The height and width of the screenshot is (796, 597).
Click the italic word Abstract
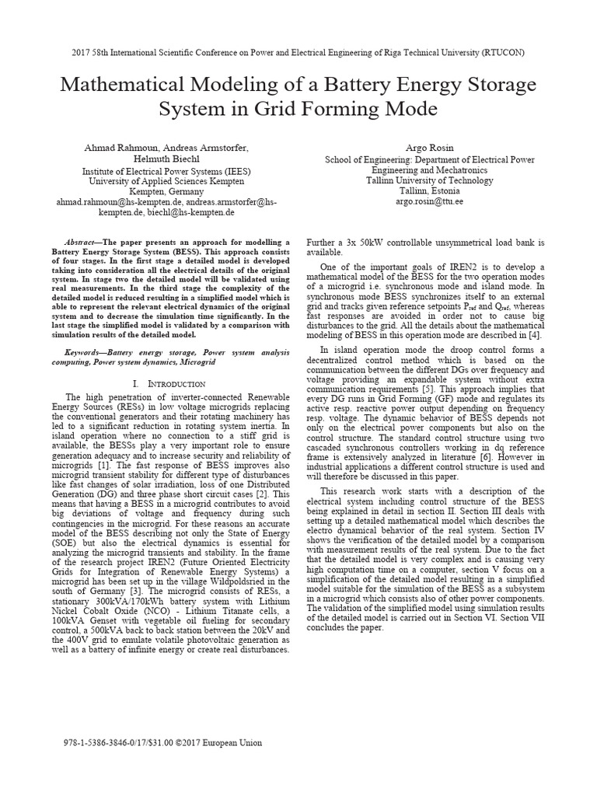82,243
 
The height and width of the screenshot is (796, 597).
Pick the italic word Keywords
84,352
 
